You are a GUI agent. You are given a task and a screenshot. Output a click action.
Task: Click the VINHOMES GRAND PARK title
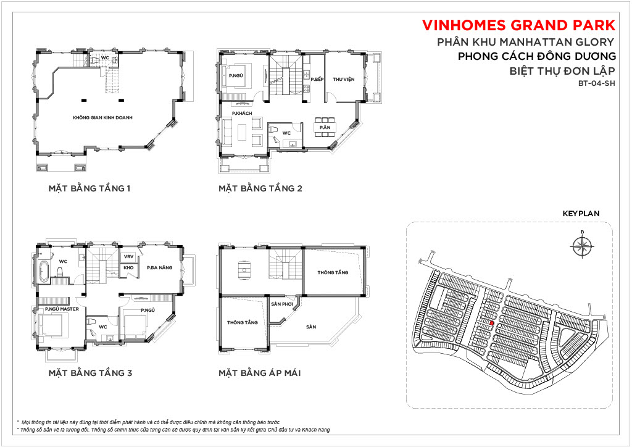pyautogui.click(x=518, y=25)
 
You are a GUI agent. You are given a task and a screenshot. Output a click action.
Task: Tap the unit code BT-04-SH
pyautogui.click(x=597, y=84)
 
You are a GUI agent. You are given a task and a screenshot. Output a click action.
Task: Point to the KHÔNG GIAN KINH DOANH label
pyautogui.click(x=102, y=118)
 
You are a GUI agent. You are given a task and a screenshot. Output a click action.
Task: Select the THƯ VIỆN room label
pyautogui.click(x=343, y=80)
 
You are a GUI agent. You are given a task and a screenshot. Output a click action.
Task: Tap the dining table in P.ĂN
pyautogui.click(x=325, y=127)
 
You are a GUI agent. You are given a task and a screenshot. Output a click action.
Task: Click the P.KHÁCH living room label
pyautogui.click(x=242, y=113)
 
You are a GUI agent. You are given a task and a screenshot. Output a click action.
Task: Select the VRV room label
pyautogui.click(x=128, y=257)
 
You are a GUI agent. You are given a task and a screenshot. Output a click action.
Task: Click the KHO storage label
pyautogui.click(x=128, y=267)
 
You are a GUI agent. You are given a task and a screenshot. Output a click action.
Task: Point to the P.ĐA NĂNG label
pyautogui.click(x=160, y=267)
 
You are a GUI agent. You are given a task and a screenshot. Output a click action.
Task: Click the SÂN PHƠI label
pyautogui.click(x=281, y=304)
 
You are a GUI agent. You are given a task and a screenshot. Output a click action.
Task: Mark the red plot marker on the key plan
pyautogui.click(x=492, y=323)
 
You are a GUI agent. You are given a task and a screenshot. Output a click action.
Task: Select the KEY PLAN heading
pyautogui.click(x=581, y=214)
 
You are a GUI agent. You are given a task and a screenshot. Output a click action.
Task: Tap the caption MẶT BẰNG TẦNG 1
pyautogui.click(x=89, y=188)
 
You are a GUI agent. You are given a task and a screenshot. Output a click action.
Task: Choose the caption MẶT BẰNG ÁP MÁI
pyautogui.click(x=260, y=373)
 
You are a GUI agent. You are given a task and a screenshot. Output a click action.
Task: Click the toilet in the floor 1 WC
pyautogui.click(x=95, y=61)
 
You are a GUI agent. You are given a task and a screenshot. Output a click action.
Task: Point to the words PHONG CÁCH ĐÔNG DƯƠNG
pyautogui.click(x=536, y=56)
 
